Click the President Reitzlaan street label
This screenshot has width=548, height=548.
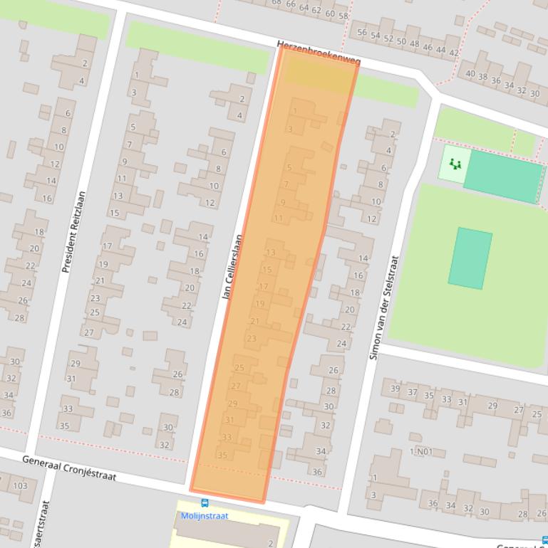73,232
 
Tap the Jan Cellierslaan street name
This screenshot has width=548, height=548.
234,267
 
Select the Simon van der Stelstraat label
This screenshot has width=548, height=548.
384,307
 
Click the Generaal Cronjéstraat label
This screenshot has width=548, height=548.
68,468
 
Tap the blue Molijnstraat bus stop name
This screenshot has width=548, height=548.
205,516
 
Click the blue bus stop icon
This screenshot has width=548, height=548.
205,503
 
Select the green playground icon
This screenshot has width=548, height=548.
455,164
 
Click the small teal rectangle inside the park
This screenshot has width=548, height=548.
470,258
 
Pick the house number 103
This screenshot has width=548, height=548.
19,486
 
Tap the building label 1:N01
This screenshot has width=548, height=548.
420,452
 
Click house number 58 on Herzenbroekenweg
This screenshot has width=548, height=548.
343,16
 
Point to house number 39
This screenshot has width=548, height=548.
396,389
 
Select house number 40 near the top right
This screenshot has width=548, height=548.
470,74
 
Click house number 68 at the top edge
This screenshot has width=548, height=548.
276,3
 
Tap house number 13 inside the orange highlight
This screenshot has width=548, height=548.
270,253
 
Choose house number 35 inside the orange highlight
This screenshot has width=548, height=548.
222,455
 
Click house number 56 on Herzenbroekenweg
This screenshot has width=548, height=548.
362,33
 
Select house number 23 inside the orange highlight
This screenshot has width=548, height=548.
251,339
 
